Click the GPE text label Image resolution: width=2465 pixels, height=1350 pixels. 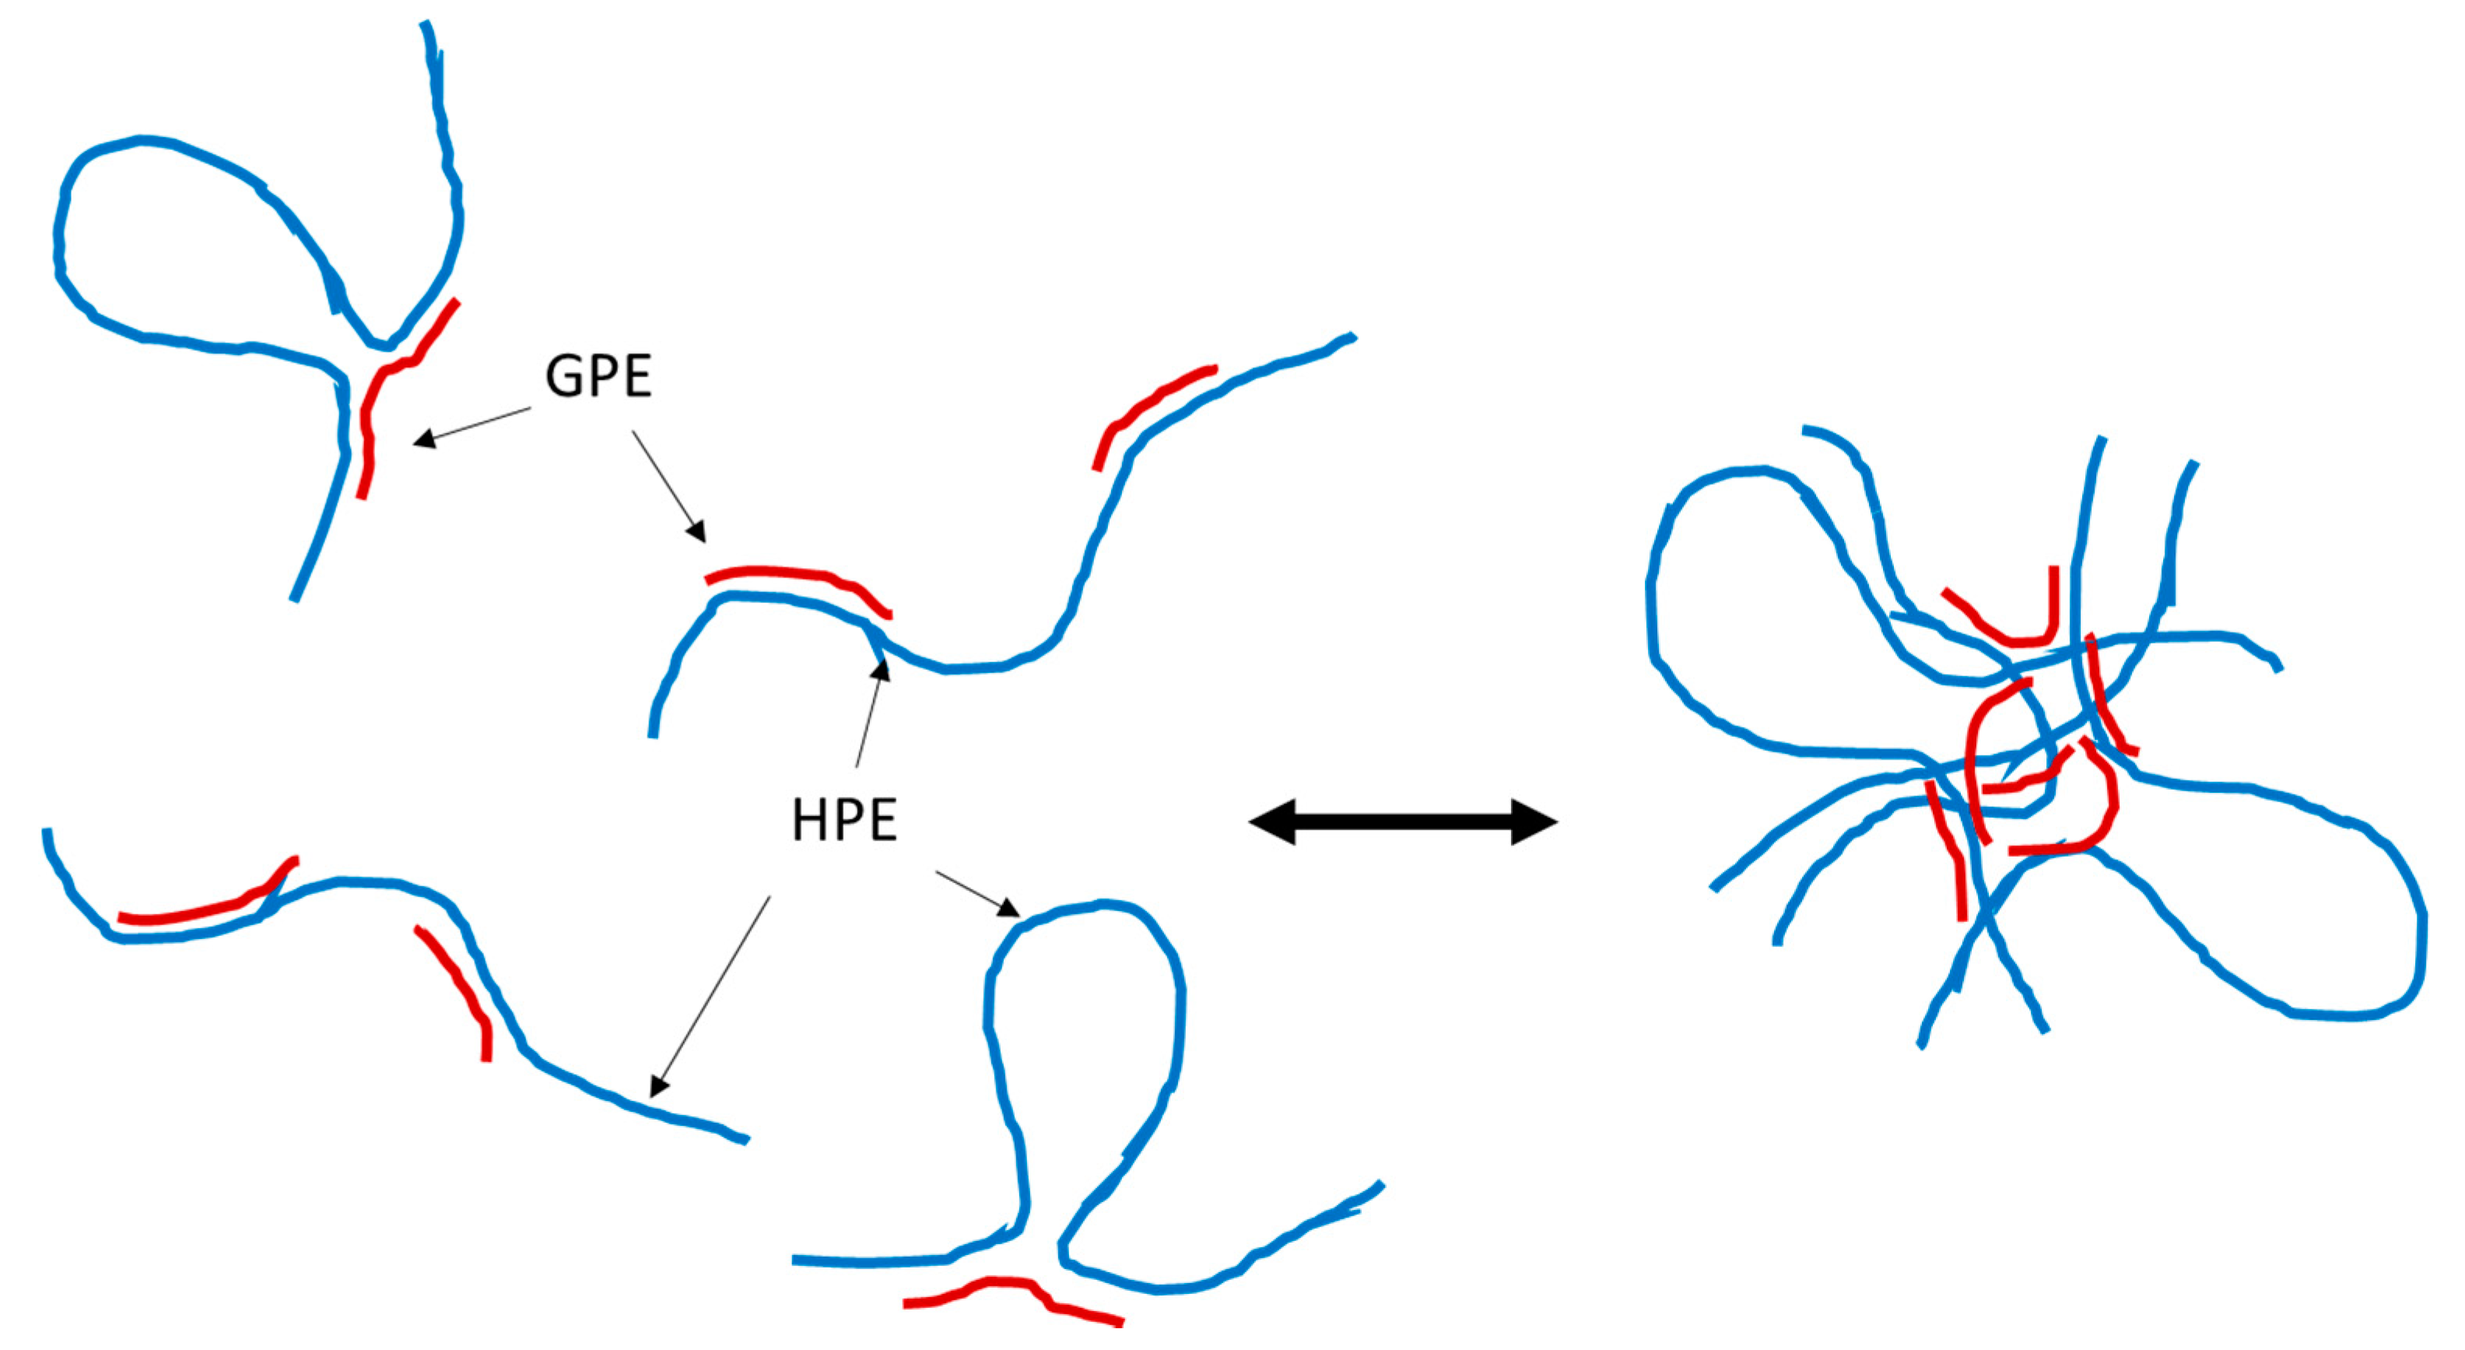pyautogui.click(x=598, y=376)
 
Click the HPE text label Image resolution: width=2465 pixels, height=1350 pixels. pyautogui.click(x=844, y=821)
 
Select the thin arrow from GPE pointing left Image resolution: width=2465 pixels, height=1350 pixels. pyautogui.click(x=473, y=425)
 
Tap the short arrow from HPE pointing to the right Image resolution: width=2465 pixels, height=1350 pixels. pyautogui.click(x=976, y=892)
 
